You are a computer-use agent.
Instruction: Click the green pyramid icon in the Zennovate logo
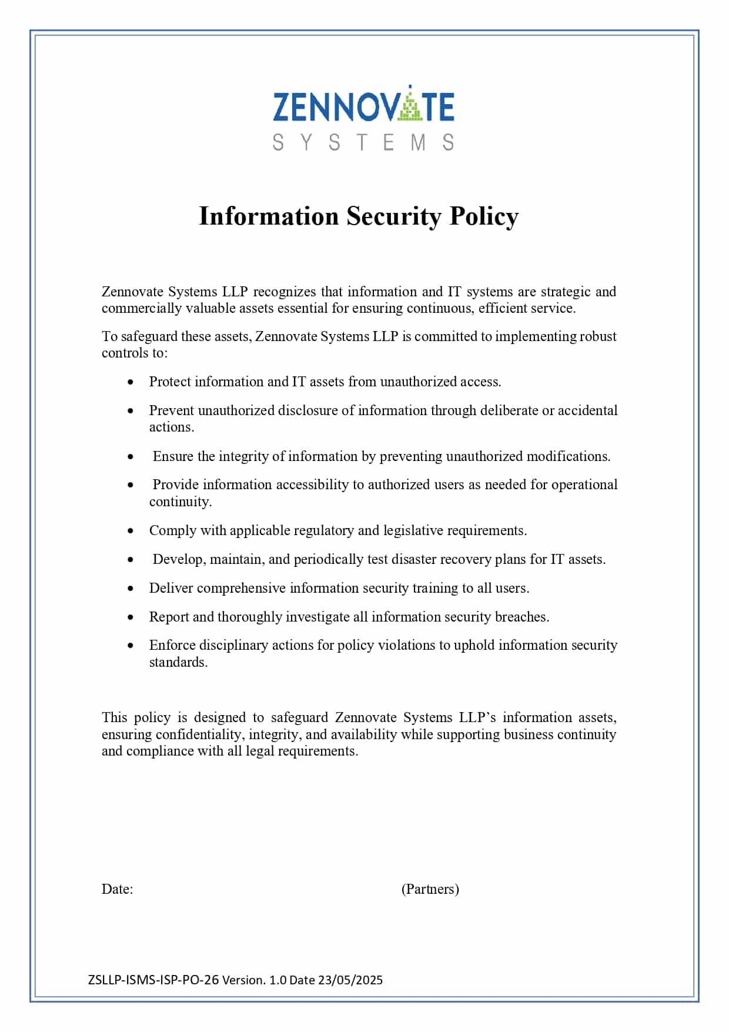point(410,106)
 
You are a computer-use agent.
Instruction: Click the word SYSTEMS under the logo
point(363,143)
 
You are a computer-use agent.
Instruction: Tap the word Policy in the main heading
point(484,216)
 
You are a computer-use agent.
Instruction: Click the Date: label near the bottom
point(117,889)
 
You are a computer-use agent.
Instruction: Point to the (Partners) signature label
point(430,889)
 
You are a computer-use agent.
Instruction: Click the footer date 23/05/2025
point(350,980)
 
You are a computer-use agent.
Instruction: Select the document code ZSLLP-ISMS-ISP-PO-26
point(153,980)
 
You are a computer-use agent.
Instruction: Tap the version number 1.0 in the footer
point(277,980)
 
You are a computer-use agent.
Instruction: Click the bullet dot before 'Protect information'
point(131,382)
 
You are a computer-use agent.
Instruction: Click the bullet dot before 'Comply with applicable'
point(131,531)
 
